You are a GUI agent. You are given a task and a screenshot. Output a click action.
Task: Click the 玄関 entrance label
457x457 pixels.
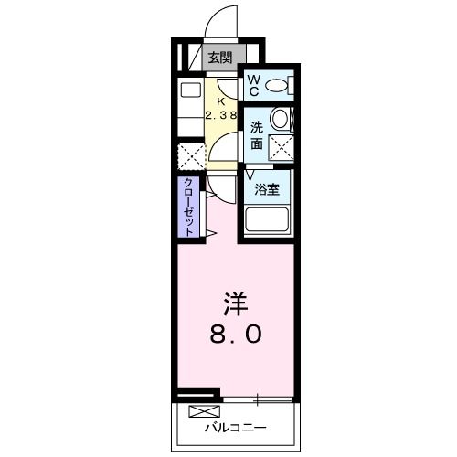(x=219, y=58)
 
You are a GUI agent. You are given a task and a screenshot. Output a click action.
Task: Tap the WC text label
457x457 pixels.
(x=254, y=85)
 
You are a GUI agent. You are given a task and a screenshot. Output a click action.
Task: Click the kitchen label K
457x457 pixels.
(x=220, y=101)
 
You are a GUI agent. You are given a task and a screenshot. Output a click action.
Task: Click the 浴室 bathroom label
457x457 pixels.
(x=267, y=192)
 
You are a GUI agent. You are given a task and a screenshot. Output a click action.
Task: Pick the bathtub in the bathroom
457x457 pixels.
(x=267, y=220)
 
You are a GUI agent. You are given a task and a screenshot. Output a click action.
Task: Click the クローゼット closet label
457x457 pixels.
(x=189, y=207)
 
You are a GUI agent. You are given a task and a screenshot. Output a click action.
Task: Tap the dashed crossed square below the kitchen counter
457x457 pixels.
(x=190, y=154)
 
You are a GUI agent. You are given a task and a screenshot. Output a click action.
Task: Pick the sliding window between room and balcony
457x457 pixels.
(x=258, y=399)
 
